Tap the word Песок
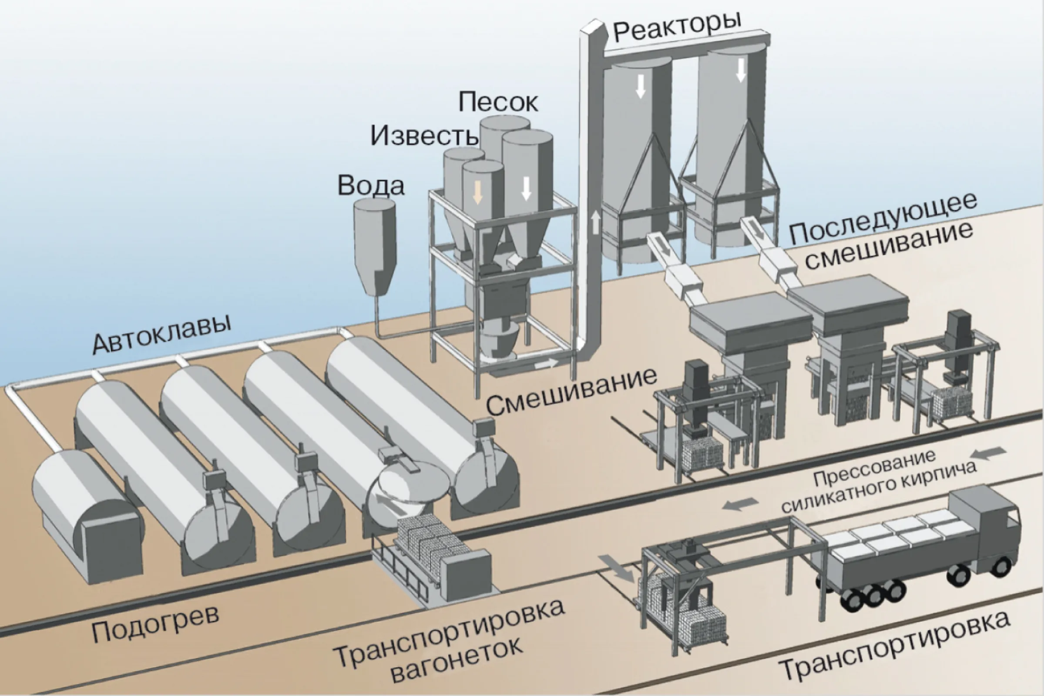[498, 102]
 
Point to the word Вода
[371, 185]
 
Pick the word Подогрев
[155, 624]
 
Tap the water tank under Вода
[375, 247]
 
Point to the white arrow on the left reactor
[640, 86]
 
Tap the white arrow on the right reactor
[741, 70]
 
